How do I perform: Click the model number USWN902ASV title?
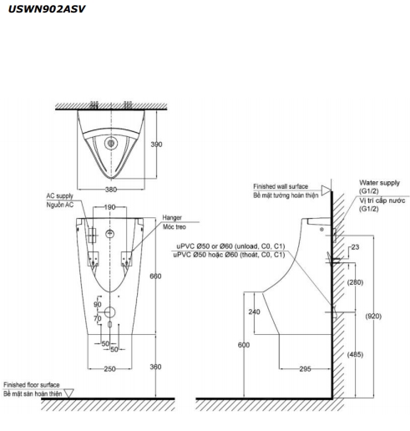[x=47, y=9]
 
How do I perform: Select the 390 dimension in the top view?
[x=156, y=145]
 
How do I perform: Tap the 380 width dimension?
[x=111, y=190]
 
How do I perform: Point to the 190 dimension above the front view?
[x=109, y=207]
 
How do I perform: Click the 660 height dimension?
[x=155, y=276]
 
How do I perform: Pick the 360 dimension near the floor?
[x=155, y=367]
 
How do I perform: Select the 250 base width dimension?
[x=109, y=369]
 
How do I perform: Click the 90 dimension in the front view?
[x=98, y=304]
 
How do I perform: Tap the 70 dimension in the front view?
[x=98, y=318]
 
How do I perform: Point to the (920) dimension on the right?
[x=373, y=316]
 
